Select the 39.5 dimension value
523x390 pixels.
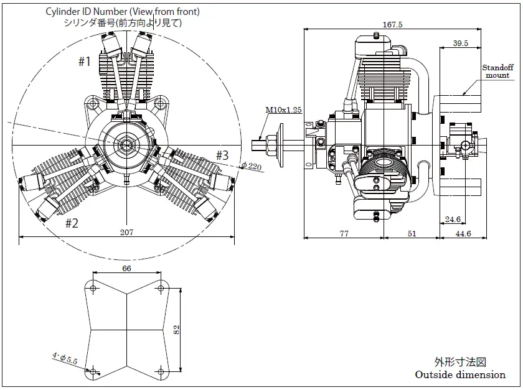(461, 44)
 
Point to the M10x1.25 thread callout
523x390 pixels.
(283, 110)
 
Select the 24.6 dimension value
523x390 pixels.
(453, 218)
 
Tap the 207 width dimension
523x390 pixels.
(127, 232)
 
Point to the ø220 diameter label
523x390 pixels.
(252, 165)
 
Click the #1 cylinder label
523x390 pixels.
(85, 61)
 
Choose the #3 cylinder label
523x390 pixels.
(222, 154)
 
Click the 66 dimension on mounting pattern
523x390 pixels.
(127, 268)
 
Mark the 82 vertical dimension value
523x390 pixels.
(176, 330)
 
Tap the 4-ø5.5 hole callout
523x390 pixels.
(64, 358)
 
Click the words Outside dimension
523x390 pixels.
(460, 374)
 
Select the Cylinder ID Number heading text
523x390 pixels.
(122, 12)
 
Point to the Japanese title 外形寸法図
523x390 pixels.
(459, 362)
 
